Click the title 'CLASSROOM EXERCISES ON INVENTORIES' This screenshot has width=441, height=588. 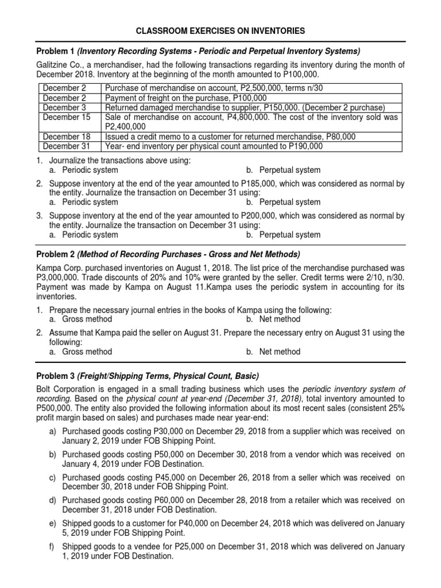pos(220,30)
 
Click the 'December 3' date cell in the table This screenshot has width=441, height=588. pos(64,107)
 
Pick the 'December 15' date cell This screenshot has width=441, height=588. pos(67,117)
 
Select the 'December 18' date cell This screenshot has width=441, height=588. pos(67,137)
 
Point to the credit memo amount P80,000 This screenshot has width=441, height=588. pos(338,137)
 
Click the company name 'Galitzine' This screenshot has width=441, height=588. pos(54,65)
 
